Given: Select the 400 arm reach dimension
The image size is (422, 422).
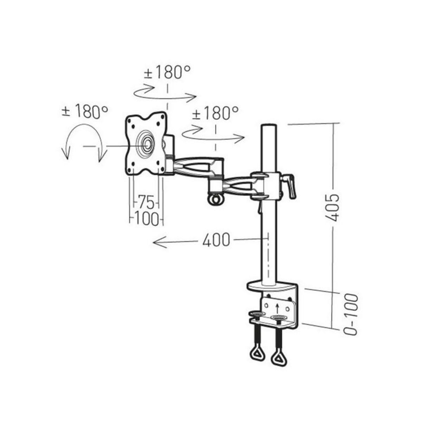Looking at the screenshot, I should (x=216, y=240).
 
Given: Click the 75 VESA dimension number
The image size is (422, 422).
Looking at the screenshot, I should (x=146, y=202).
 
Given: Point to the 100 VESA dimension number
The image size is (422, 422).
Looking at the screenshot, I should (x=146, y=219).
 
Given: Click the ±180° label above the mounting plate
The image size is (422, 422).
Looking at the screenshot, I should (x=167, y=73).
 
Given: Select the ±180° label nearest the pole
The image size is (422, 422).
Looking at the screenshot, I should (x=215, y=114).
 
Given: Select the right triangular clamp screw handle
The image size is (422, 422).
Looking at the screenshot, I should (x=279, y=358).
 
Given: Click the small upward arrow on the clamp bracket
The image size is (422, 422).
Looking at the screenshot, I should (x=277, y=308).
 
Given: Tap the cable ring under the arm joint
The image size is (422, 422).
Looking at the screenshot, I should (x=215, y=199).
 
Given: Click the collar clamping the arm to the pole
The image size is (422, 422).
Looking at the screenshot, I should (x=269, y=185).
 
